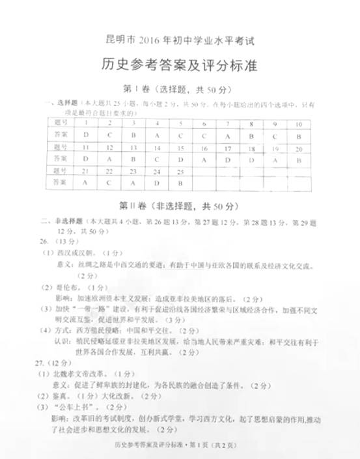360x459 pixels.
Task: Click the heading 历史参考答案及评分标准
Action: pos(179,65)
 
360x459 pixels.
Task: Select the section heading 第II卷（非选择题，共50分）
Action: pos(180,206)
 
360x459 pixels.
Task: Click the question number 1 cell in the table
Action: pos(86,123)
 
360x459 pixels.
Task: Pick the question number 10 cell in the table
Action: pos(299,124)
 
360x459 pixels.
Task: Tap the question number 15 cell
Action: pos(180,148)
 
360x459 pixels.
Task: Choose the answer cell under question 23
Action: pos(133,183)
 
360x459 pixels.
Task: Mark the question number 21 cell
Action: pos(86,171)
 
